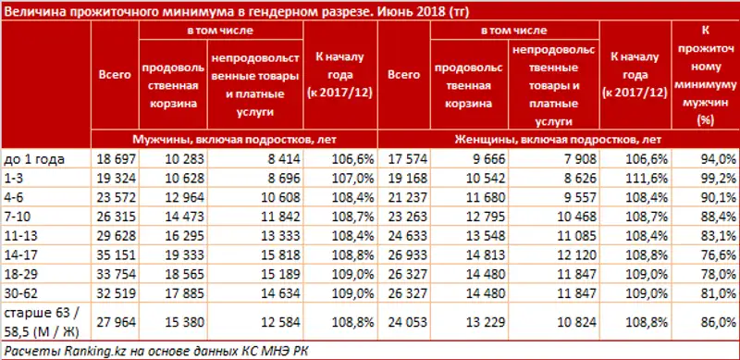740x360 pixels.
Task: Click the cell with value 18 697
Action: (116, 158)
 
